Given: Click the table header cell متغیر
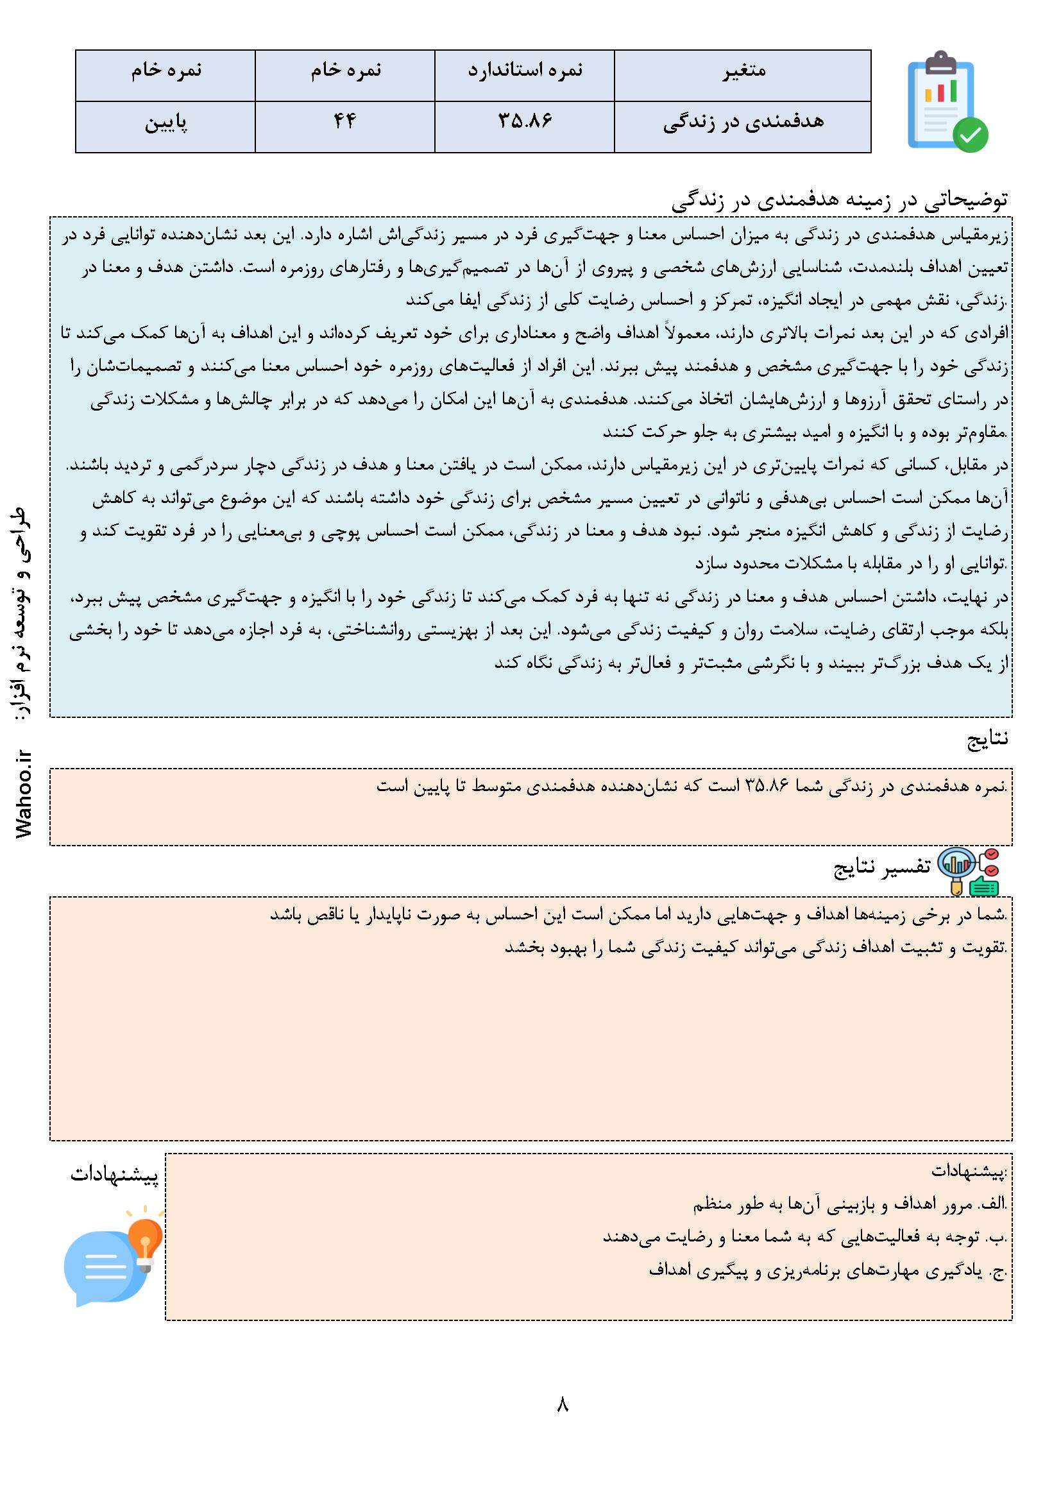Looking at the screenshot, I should pos(742,71).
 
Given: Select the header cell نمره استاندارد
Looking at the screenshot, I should pos(525,71).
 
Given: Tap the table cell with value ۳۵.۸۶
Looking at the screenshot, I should pos(525,122).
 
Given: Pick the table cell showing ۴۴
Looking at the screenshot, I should pos(344,122).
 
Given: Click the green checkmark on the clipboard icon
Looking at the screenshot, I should pos(970,135).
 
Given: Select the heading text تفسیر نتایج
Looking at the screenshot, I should pos(882,866).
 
